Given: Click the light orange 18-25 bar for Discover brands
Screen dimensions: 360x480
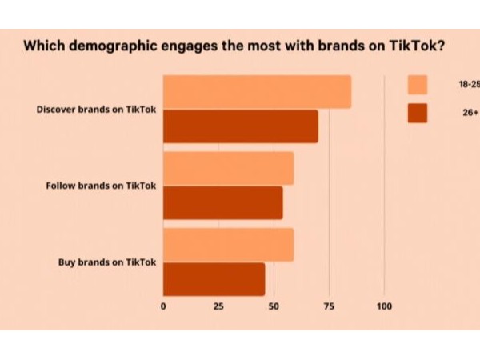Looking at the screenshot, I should [x=257, y=92].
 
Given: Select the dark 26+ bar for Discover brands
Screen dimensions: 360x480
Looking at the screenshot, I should [x=240, y=126].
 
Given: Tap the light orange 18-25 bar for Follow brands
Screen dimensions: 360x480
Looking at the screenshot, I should [x=228, y=168].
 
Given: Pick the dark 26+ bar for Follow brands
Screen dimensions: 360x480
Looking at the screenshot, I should [x=222, y=202].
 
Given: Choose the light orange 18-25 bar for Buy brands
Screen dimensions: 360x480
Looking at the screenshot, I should [x=228, y=245].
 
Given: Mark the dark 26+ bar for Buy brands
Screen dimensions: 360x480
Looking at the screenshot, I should [x=214, y=279].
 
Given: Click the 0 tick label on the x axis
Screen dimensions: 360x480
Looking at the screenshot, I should [x=163, y=306].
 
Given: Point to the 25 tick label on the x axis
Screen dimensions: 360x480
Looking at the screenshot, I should [x=218, y=306].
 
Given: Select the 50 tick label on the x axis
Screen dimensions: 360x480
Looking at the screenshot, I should [x=273, y=306].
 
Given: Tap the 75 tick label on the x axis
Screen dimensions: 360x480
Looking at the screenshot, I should [x=328, y=306].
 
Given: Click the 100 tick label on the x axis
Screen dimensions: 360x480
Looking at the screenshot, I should [x=384, y=306].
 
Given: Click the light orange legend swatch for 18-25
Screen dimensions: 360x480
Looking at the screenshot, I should [x=417, y=85].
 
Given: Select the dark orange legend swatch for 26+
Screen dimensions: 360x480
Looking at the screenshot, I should [x=417, y=113].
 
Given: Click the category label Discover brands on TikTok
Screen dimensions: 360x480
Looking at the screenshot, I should [x=96, y=109].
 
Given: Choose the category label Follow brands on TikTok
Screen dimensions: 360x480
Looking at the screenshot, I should [x=101, y=186].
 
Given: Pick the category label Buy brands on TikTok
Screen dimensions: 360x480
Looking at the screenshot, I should [x=106, y=262].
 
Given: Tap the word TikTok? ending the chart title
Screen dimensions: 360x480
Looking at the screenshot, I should [x=415, y=45].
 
